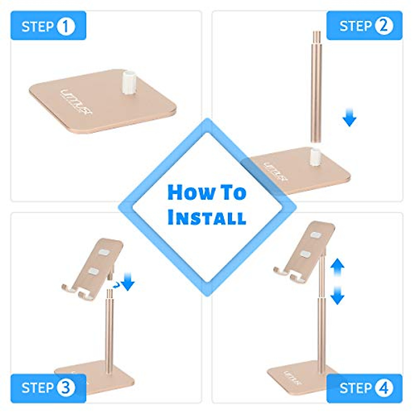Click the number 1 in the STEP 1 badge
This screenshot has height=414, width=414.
[66, 26]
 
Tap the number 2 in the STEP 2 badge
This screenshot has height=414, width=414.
[384, 26]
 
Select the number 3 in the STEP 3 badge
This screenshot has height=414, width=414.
[66, 388]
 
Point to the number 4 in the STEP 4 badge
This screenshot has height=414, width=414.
[384, 388]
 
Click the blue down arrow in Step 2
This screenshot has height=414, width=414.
[349, 118]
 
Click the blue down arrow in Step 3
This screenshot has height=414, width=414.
[129, 281]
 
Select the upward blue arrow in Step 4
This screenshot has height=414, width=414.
[337, 268]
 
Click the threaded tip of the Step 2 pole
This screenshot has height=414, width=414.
[316, 36]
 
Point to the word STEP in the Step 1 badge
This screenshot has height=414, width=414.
[37, 26]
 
